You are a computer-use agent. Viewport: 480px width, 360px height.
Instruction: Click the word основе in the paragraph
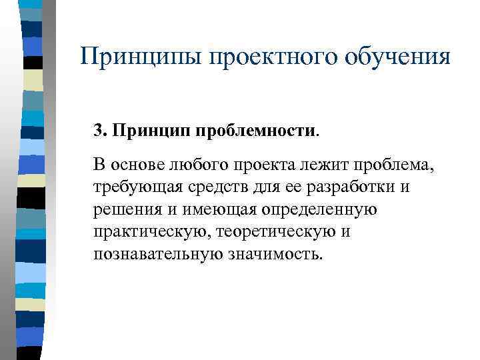139,165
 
